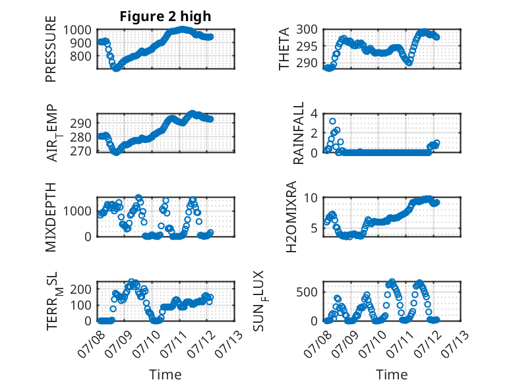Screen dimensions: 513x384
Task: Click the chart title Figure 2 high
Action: pyautogui.click(x=166, y=16)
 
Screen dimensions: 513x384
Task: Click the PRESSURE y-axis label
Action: pyautogui.click(x=51, y=49)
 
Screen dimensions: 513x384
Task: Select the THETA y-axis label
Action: pyautogui.click(x=284, y=49)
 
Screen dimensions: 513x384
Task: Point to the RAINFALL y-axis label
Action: pyautogui.click(x=299, y=133)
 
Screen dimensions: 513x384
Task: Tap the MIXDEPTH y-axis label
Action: pyautogui.click(x=51, y=217)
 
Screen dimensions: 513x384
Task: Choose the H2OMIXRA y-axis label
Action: pyautogui.click(x=291, y=217)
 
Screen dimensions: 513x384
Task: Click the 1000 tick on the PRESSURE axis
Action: pyautogui.click(x=77, y=30)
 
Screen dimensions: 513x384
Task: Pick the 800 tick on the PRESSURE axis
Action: pyautogui.click(x=80, y=56)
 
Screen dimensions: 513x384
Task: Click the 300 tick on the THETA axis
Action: pyautogui.click(x=307, y=30)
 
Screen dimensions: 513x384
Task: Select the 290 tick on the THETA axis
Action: pyautogui.click(x=307, y=63)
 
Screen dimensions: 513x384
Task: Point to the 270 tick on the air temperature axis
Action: pyautogui.click(x=80, y=151)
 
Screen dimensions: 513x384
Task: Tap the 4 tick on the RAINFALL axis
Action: pyautogui.click(x=314, y=114)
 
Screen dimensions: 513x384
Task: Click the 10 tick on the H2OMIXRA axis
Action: pyautogui.click(x=311, y=198)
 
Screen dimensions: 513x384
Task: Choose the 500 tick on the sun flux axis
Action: pyautogui.click(x=307, y=292)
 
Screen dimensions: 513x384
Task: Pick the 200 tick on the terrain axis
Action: pyautogui.click(x=80, y=289)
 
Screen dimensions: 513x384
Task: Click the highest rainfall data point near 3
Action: pyautogui.click(x=332, y=121)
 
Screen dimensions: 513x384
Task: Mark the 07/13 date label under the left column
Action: pyautogui.click(x=229, y=344)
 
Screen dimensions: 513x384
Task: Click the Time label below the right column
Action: pyautogui.click(x=392, y=374)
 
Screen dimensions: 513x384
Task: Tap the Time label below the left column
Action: pyautogui.click(x=166, y=374)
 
